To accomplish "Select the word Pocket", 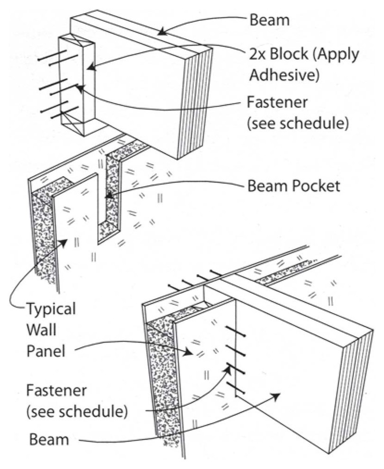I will [318, 186].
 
